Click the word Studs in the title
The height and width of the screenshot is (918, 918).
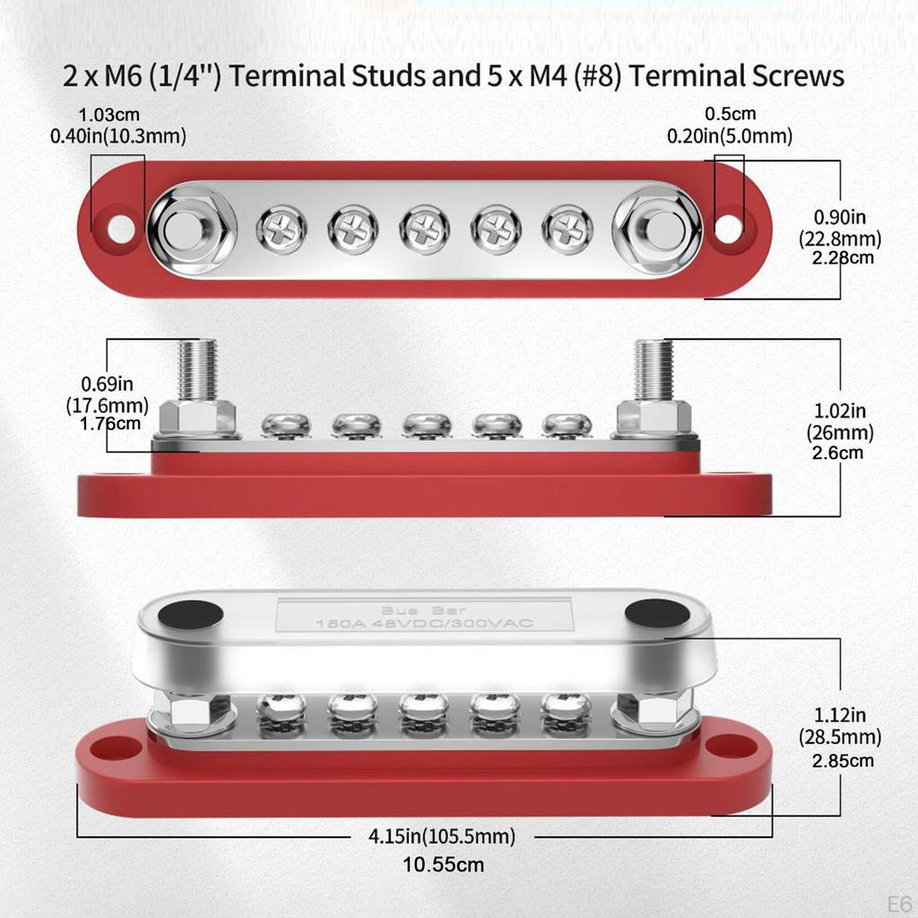click(x=387, y=76)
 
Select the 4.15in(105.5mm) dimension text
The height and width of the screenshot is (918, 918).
click(x=442, y=836)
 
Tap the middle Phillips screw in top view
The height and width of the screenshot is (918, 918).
click(x=424, y=228)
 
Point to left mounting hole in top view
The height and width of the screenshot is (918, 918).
click(x=119, y=229)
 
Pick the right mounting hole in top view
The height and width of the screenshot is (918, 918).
click(x=730, y=228)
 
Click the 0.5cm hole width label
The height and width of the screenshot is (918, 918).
click(x=730, y=114)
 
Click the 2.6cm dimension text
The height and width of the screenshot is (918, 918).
click(x=839, y=452)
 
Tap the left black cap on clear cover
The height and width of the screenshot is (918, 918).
click(x=192, y=615)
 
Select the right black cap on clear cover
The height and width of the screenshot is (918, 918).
click(x=657, y=614)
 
